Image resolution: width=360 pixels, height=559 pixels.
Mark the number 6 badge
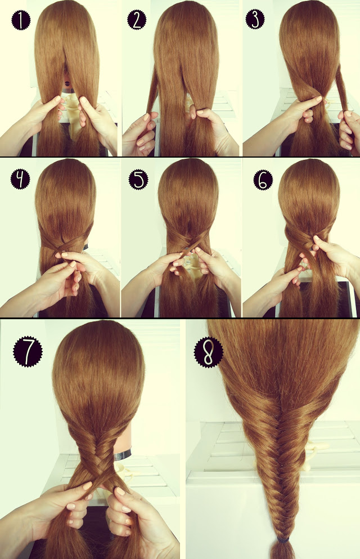coord(262,179)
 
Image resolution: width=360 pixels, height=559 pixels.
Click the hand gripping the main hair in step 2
coord(211,121)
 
